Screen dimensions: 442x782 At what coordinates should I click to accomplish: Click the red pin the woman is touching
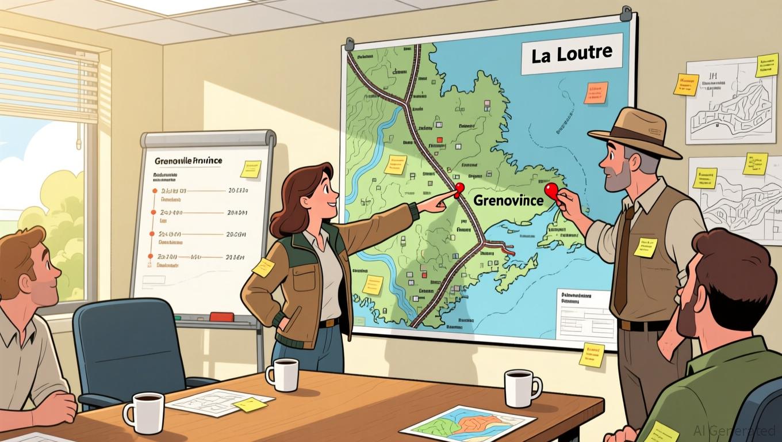[459, 188]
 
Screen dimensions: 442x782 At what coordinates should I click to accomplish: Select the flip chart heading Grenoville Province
[188, 161]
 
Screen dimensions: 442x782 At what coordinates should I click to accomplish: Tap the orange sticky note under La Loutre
[596, 92]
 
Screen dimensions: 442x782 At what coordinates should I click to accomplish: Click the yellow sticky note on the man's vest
[645, 247]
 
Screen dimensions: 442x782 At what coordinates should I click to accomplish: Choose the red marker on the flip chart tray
[221, 317]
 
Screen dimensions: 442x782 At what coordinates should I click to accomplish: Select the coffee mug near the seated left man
[143, 412]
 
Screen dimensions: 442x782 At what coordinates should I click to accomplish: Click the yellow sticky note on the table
[250, 404]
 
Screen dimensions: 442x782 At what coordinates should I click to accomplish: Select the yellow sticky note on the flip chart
[250, 169]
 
